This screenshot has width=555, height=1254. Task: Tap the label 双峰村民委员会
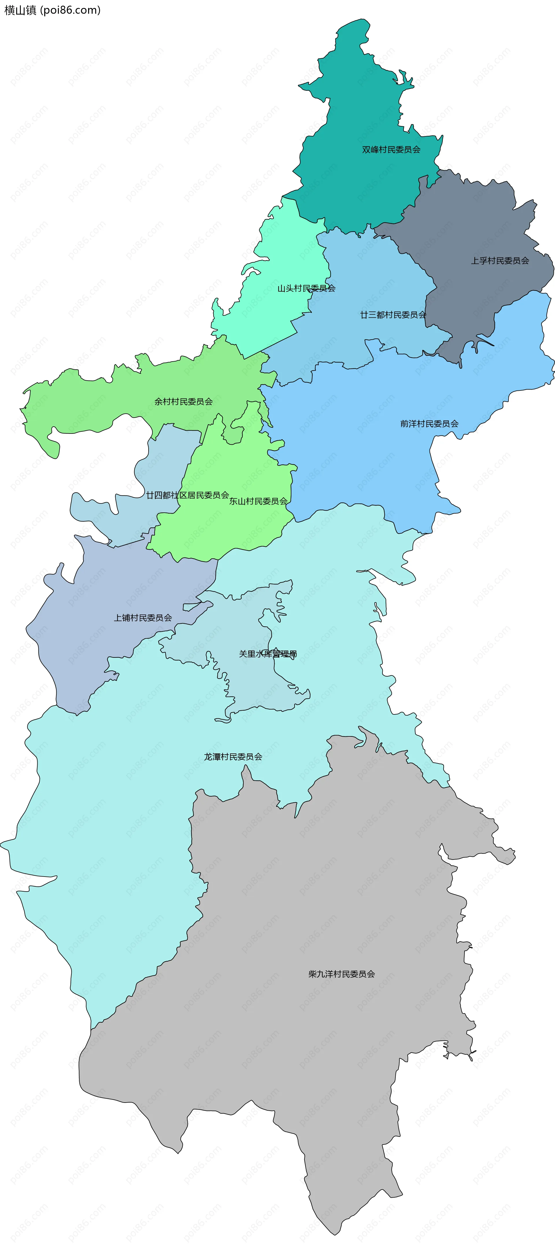pyautogui.click(x=391, y=149)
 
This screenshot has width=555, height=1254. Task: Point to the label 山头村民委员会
pyautogui.click(x=306, y=288)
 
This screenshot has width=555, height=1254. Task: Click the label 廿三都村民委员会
pyautogui.click(x=393, y=315)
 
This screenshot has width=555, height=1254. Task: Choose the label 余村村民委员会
pyautogui.click(x=184, y=402)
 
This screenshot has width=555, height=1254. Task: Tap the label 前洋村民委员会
pyautogui.click(x=429, y=423)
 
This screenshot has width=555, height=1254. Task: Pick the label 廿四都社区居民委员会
pyautogui.click(x=187, y=495)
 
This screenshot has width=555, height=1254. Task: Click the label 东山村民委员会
pyautogui.click(x=258, y=501)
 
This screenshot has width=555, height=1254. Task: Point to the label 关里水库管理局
pyautogui.click(x=268, y=654)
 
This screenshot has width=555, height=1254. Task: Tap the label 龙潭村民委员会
pyautogui.click(x=233, y=757)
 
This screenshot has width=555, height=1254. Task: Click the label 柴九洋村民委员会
pyautogui.click(x=342, y=974)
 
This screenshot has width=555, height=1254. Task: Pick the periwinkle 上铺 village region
pyautogui.click(x=97, y=647)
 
